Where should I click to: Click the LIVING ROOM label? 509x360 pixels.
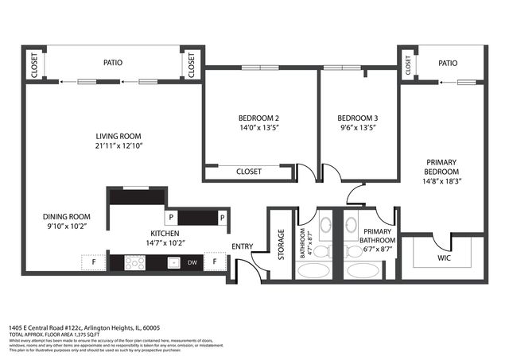tap(119, 135)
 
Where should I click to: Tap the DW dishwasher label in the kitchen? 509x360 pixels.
tap(192, 262)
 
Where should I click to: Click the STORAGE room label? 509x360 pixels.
tap(281, 245)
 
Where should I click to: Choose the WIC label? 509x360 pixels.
tap(444, 257)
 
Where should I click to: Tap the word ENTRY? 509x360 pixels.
tap(242, 246)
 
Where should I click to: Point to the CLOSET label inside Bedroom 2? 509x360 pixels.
tap(249, 172)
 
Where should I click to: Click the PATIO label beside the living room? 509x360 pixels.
tap(112, 61)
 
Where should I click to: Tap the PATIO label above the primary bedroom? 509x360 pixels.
tap(448, 63)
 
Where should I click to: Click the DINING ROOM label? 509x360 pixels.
tap(67, 216)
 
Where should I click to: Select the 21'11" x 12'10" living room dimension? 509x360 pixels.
tap(119, 145)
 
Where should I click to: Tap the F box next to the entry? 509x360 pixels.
tap(215, 261)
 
